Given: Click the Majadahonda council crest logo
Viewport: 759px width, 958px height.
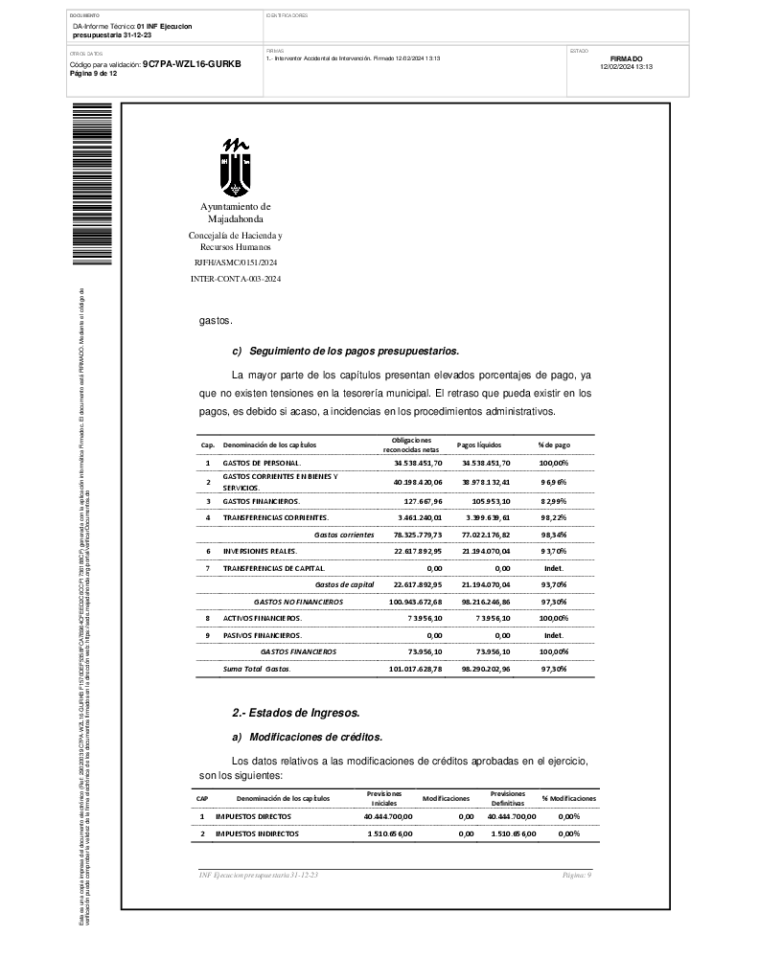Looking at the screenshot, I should pos(236,166).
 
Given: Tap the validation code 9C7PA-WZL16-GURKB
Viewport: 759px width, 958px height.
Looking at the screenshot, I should pos(192,63).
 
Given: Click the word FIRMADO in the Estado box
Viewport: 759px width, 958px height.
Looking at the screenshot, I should pos(626,58).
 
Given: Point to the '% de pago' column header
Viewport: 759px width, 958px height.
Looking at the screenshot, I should pos(553,445).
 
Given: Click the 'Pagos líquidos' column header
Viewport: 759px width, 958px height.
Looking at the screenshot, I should pos(479,445).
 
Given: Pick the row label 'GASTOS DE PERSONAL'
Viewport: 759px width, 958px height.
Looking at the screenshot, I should pos(262,463).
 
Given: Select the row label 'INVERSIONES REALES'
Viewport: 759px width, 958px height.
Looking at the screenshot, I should pos(261,551).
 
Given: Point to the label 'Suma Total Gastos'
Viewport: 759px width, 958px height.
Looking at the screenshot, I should pos(256,669).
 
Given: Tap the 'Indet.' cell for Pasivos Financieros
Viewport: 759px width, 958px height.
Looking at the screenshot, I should pos(554,635).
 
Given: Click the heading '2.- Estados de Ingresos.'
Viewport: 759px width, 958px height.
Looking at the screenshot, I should pos(296,713).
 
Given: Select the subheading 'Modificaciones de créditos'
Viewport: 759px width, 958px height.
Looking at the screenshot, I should pos(315,738).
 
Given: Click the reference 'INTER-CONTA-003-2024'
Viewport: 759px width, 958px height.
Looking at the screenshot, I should pos(236,278).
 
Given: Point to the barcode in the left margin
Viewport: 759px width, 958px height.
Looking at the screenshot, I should pos(98,182).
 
